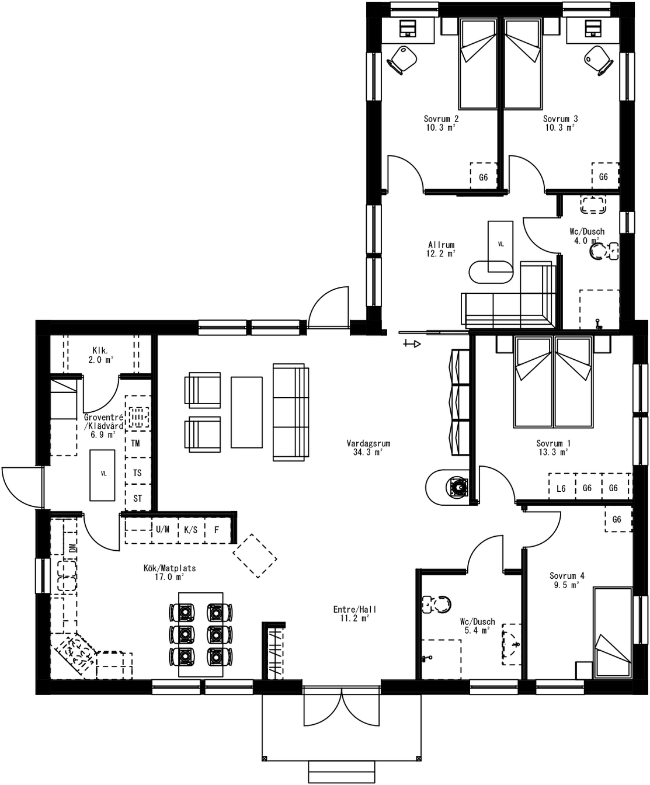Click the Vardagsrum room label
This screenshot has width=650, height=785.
368,443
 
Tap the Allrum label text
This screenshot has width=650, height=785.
441,245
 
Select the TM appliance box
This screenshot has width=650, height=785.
136,443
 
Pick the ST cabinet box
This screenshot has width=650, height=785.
138,498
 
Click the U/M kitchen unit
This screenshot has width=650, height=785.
162,530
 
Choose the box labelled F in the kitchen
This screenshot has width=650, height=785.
217,530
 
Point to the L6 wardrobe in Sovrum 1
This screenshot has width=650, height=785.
561,488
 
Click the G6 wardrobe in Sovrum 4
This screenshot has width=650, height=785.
617,519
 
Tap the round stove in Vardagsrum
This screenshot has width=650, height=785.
457,486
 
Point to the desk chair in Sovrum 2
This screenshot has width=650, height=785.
402,59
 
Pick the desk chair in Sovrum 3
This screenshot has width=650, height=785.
598,59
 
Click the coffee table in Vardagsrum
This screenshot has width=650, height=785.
246,412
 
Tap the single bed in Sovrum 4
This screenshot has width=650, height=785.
612,633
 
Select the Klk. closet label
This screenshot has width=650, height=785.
100,351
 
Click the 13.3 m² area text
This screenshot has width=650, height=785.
552,451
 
